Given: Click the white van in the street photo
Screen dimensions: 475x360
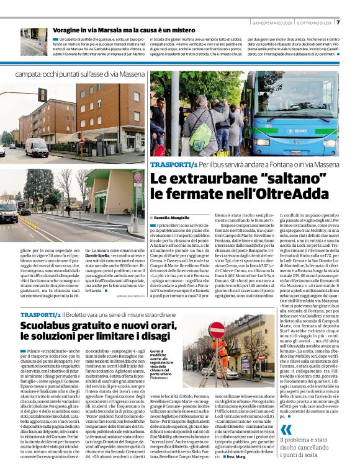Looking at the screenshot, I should point(37,148).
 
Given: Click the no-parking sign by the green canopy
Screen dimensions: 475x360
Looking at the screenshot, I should point(138,178).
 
